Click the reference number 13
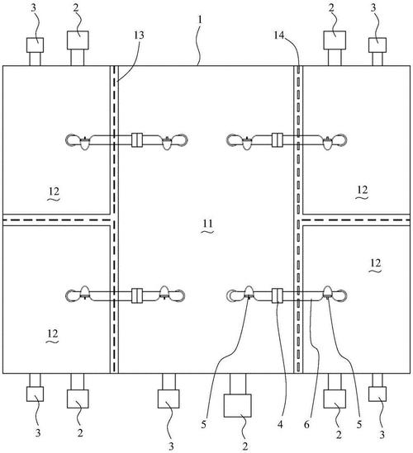point(139,35)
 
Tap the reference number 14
point(279,35)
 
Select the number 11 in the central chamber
point(207,224)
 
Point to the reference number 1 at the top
point(200,19)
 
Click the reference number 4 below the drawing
point(280,424)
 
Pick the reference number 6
point(306,424)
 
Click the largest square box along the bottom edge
point(237,405)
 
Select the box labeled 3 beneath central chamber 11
point(169,399)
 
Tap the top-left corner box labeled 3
point(35,45)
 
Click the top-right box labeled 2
point(335,40)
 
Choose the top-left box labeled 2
point(78,40)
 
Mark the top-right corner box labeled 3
point(377,45)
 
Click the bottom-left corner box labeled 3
point(35,394)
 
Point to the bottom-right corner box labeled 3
point(377,394)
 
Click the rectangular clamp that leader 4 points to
point(278,295)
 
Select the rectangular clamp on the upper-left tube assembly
point(137,140)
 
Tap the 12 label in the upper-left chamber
point(54,191)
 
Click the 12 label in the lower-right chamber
point(375,263)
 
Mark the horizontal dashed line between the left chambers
point(56,220)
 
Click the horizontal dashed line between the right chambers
point(356,220)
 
